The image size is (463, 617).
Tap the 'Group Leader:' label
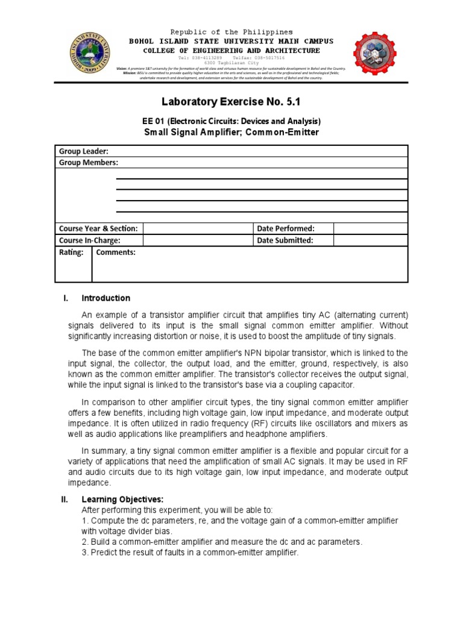click(83, 151)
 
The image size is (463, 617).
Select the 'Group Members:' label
click(88, 163)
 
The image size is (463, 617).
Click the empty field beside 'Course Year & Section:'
click(197, 228)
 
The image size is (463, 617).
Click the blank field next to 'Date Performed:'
click(370, 228)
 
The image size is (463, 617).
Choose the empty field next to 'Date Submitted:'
click(370, 240)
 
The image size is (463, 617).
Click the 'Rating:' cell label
click(71, 252)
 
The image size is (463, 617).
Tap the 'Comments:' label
click(116, 252)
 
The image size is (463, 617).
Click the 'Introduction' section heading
click(106, 298)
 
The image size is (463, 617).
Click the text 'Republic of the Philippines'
click(231, 32)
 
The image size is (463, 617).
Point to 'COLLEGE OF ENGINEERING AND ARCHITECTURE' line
click(231, 51)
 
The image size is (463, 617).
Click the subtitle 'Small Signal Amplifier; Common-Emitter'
click(231, 132)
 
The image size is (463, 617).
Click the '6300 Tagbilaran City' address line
click(231, 63)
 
